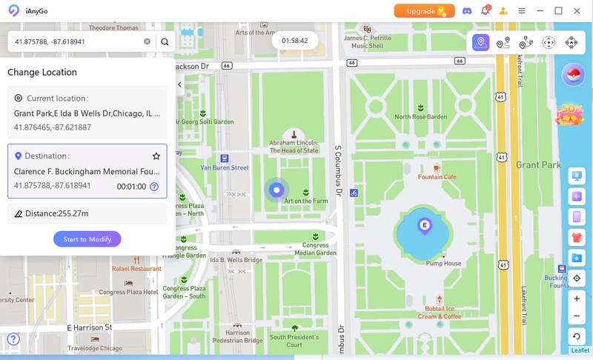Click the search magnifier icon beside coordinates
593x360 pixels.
coord(165,42)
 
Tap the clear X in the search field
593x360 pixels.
coord(147,42)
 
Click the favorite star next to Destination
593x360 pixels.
coord(156,156)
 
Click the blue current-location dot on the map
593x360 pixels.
coord(276,190)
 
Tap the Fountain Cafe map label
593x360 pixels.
coord(437,177)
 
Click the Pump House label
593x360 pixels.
coord(443,263)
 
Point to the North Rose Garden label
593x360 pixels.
coord(421,117)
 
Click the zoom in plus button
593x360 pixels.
coord(577,299)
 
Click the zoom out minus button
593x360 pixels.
coord(577,316)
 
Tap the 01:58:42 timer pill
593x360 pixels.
coord(295,41)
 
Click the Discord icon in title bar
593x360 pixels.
coord(467,11)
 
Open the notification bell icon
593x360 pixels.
coord(486,11)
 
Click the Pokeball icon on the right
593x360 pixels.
coord(572,75)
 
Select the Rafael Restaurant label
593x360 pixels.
coord(136,269)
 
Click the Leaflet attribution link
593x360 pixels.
coord(580,350)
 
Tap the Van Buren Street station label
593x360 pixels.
coord(225,168)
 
